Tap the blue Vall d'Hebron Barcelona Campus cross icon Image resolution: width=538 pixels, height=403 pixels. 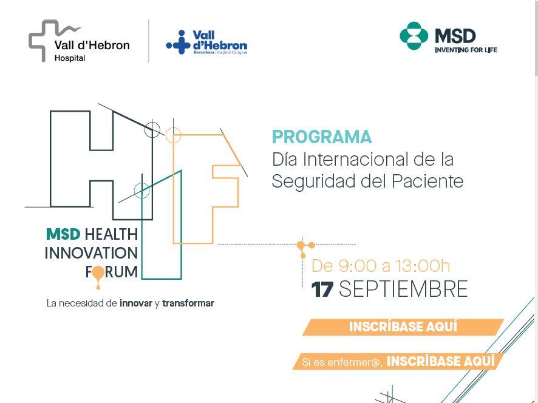click(x=179, y=42)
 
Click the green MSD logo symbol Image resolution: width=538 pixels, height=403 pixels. click(x=414, y=36)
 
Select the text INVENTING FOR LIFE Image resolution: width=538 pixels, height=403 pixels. click(x=466, y=50)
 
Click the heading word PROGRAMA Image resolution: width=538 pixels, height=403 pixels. click(x=321, y=137)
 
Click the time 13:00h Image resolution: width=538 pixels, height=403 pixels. click(x=423, y=266)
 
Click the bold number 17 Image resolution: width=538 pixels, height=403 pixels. click(x=322, y=289)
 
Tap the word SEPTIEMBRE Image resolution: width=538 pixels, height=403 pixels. click(x=403, y=289)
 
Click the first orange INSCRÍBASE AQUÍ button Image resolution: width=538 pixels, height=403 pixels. click(x=403, y=327)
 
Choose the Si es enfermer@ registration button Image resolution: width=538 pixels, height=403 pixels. click(x=398, y=362)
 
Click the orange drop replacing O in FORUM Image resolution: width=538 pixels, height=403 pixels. click(x=98, y=276)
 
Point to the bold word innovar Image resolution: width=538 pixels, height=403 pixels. click(x=136, y=303)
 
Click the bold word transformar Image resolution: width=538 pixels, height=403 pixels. click(x=188, y=303)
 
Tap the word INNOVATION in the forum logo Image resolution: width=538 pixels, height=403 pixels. click(x=91, y=253)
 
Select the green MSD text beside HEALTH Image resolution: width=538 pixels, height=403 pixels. click(x=63, y=235)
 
